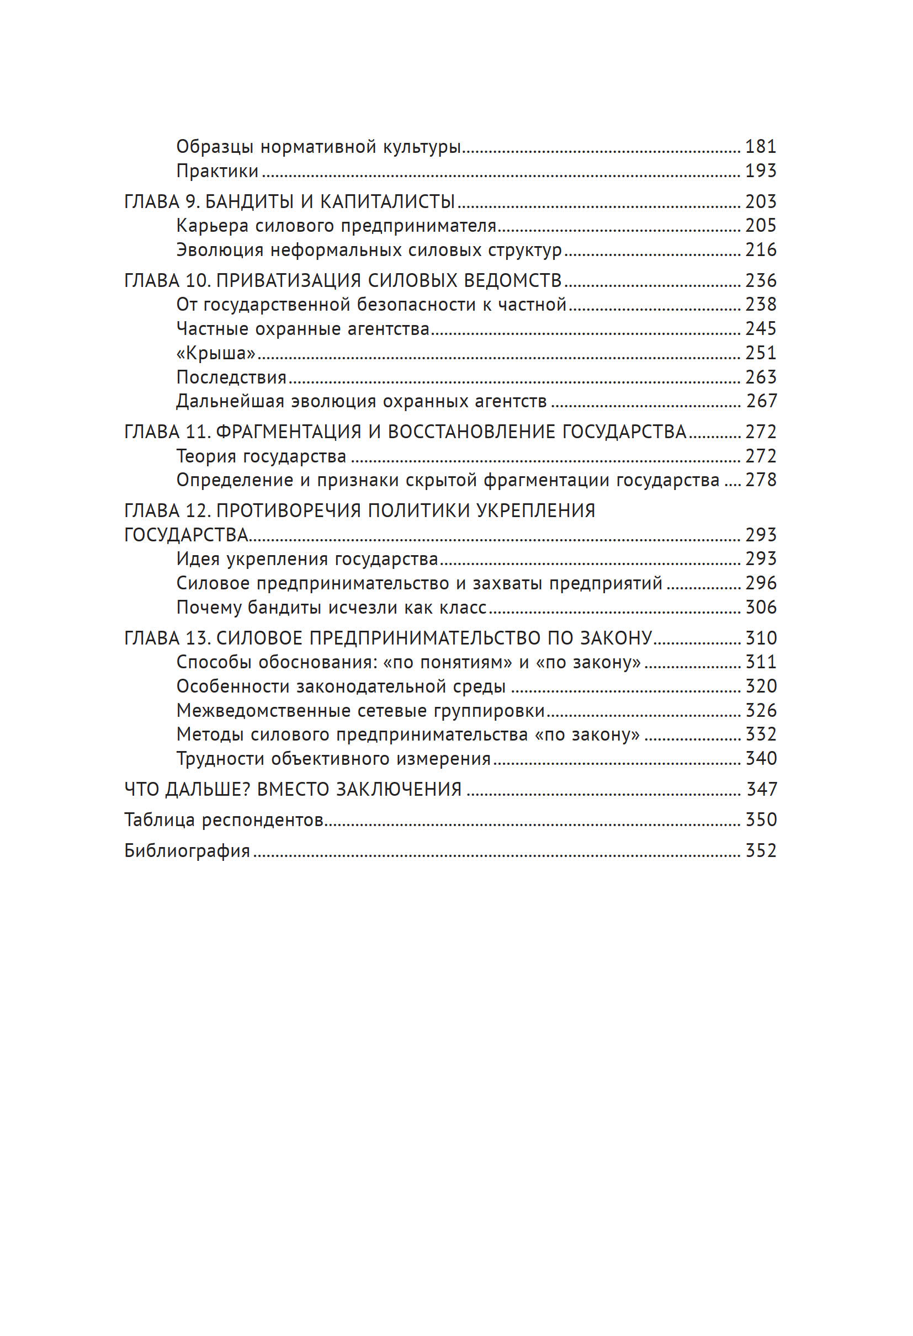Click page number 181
pyautogui.click(x=760, y=147)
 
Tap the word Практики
pyautogui.click(x=217, y=171)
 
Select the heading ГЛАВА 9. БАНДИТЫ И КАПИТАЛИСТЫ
pyautogui.click(x=290, y=201)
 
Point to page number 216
pyautogui.click(x=760, y=249)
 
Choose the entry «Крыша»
pyautogui.click(x=216, y=353)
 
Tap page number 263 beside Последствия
pyautogui.click(x=760, y=376)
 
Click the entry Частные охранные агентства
pyautogui.click(x=303, y=328)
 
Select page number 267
pyautogui.click(x=761, y=401)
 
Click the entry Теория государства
pyautogui.click(x=261, y=456)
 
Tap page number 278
pyautogui.click(x=760, y=480)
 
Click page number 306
pyautogui.click(x=760, y=607)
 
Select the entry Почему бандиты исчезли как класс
pyautogui.click(x=331, y=607)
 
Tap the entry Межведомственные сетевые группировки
pyautogui.click(x=360, y=711)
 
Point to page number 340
pyautogui.click(x=760, y=758)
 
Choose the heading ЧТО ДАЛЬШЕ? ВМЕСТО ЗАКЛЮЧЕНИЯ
pyautogui.click(x=293, y=789)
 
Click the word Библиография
pyautogui.click(x=187, y=850)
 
